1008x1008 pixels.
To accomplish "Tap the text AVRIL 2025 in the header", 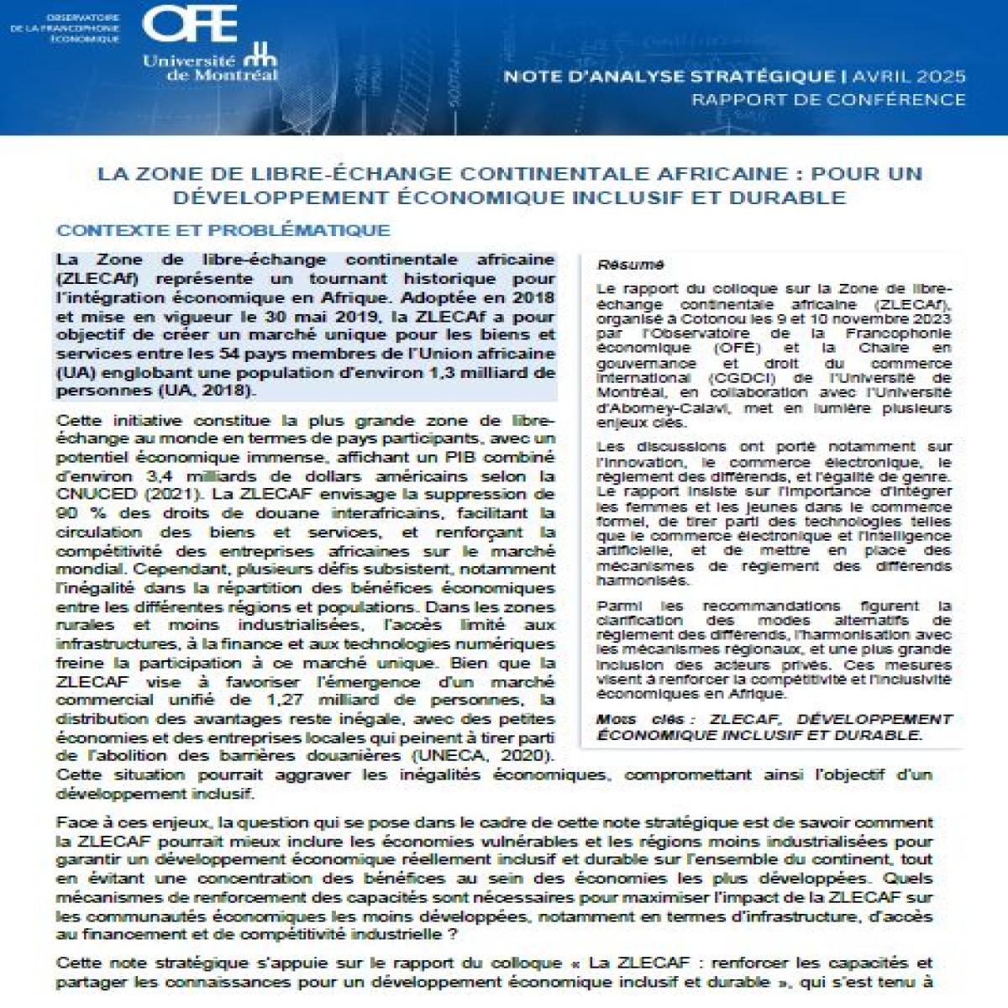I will click(909, 76).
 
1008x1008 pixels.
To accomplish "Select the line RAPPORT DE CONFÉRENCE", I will click(828, 99).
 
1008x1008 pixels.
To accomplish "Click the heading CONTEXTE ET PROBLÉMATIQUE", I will click(223, 230).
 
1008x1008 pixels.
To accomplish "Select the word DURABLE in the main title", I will click(793, 197).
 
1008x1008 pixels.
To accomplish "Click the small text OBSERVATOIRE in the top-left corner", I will click(82, 17).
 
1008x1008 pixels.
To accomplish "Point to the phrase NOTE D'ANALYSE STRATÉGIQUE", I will click(669, 76).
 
